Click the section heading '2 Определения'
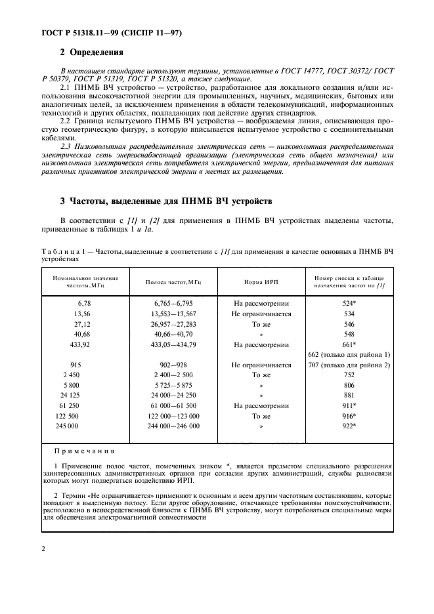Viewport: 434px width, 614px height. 91,52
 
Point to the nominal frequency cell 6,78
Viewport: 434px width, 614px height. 87,304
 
